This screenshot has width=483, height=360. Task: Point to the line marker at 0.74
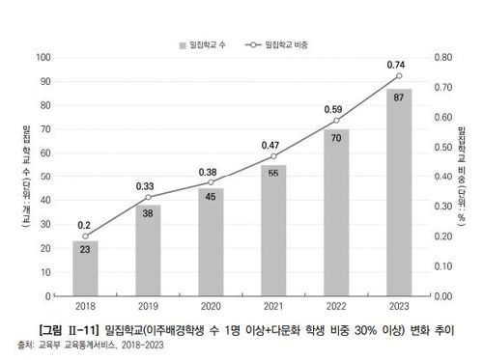pyautogui.click(x=398, y=76)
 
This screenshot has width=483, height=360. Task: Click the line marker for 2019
pyautogui.click(x=148, y=197)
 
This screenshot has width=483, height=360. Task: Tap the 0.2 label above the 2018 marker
pyautogui.click(x=85, y=222)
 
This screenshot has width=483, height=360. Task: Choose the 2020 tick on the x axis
pyautogui.click(x=211, y=308)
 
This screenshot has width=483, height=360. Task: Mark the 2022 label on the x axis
pyautogui.click(x=336, y=308)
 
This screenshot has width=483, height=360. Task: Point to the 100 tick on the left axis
pyautogui.click(x=43, y=58)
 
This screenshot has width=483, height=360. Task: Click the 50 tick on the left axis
pyautogui.click(x=44, y=177)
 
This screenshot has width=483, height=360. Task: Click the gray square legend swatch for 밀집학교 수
pyautogui.click(x=182, y=44)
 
